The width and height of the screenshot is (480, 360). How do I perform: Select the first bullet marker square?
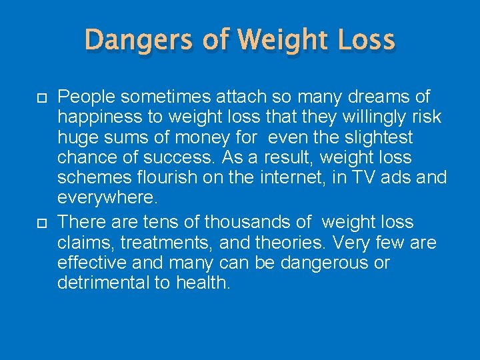click(39, 97)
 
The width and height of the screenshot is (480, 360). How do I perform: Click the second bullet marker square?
click(39, 222)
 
